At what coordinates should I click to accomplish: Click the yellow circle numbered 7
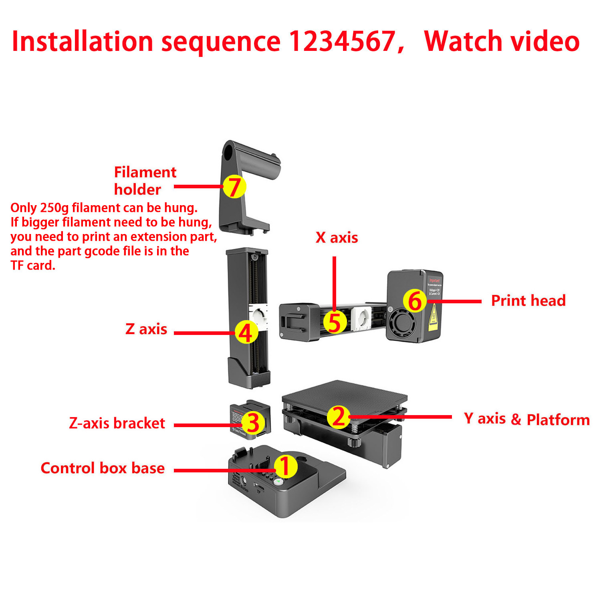234,186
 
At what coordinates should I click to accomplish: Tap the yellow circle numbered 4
246,333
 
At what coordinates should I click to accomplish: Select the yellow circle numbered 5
335,322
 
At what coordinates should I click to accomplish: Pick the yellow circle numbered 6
415,300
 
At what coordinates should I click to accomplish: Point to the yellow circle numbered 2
339,417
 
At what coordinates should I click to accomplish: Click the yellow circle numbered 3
253,423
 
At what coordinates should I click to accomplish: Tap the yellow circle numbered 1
285,466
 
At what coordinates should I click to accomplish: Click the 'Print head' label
528,300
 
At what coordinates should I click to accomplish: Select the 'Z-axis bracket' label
117,423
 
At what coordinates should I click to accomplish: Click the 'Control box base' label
103,468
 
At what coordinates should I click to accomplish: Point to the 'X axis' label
337,238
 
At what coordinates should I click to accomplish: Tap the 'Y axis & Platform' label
526,419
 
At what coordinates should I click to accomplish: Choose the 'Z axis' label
146,329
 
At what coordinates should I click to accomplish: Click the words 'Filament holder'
145,181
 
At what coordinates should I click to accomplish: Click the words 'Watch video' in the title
502,41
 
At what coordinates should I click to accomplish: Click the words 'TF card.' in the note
33,265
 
